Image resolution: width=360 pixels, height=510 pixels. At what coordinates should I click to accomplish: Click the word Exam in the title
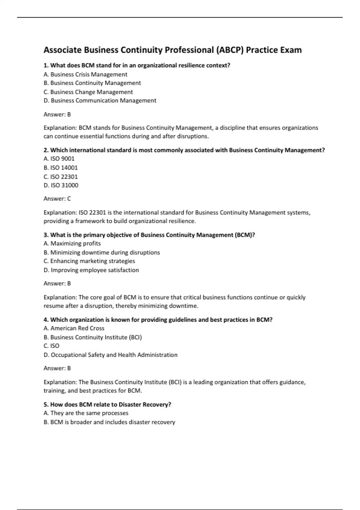pos(291,50)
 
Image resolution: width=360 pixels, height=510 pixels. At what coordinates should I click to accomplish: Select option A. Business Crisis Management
pos(85,74)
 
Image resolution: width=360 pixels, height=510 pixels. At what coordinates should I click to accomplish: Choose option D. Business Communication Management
pos(100,100)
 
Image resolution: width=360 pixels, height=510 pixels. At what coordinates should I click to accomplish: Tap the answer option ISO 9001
pos(59,159)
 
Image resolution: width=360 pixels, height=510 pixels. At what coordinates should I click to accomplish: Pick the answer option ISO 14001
pos(60,168)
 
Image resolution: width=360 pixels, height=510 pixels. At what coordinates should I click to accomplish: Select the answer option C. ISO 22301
pos(60,177)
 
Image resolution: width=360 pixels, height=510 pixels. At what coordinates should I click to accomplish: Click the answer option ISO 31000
pos(61,185)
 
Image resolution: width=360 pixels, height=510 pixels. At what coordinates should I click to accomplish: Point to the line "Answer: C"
pos(57,199)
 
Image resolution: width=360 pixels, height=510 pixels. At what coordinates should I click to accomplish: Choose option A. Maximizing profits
pos(72,244)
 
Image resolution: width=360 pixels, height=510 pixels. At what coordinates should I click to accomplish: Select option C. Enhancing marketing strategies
pos(89,261)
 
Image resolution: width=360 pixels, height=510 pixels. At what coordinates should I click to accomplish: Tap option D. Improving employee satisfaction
pos(91,270)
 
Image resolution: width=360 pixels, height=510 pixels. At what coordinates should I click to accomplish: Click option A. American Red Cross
pos(74,328)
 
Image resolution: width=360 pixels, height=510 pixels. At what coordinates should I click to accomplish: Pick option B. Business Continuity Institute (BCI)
pos(92,337)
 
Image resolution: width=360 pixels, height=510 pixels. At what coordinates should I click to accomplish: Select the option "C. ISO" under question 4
pos(51,346)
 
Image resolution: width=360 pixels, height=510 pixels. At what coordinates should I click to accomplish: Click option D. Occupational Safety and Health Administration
pos(110,355)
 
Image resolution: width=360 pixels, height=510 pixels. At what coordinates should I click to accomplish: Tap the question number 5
pos(46,404)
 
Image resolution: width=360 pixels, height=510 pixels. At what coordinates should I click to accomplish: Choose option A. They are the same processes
pos(86,413)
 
